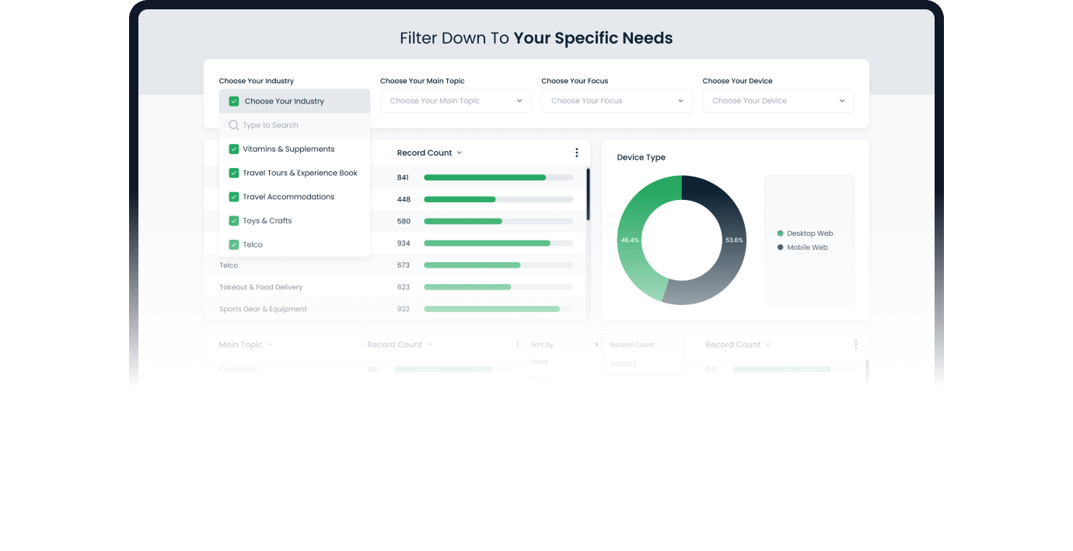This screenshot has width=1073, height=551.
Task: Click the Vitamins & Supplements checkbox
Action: pyautogui.click(x=234, y=149)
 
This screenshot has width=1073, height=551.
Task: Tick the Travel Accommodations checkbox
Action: pyautogui.click(x=234, y=197)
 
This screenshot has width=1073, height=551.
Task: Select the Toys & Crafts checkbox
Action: pyautogui.click(x=234, y=221)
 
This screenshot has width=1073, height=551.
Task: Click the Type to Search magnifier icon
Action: pyautogui.click(x=234, y=125)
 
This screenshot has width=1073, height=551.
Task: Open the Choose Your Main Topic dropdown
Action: pyautogui.click(x=455, y=101)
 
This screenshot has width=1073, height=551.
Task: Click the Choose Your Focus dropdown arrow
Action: pyautogui.click(x=680, y=101)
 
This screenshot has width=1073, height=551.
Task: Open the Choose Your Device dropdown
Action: pyautogui.click(x=778, y=101)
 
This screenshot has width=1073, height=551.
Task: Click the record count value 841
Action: pyautogui.click(x=403, y=178)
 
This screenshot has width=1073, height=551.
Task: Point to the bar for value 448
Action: pyautogui.click(x=460, y=199)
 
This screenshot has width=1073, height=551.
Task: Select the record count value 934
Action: pyautogui.click(x=404, y=244)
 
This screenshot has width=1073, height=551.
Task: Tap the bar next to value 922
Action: pyautogui.click(x=491, y=309)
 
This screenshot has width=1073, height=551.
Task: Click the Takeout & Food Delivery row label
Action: pyautogui.click(x=260, y=287)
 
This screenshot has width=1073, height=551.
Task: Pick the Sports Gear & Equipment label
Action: pyautogui.click(x=263, y=309)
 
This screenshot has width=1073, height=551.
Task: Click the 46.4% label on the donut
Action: pyautogui.click(x=630, y=240)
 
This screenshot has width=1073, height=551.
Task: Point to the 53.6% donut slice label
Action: pyautogui.click(x=734, y=240)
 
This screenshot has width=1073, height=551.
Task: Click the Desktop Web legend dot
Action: pyautogui.click(x=780, y=233)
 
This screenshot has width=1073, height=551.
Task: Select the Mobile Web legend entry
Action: pyautogui.click(x=807, y=247)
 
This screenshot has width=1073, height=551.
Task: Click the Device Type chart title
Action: pyautogui.click(x=641, y=157)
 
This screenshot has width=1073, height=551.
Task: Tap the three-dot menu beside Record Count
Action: pyautogui.click(x=576, y=153)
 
